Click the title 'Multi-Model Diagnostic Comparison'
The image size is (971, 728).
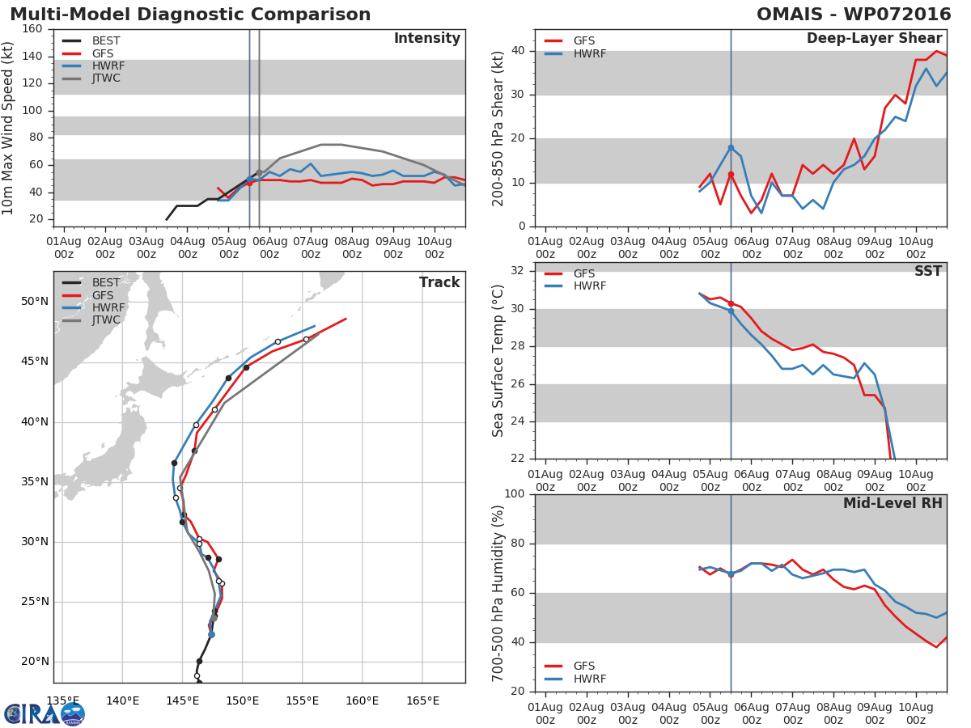pos(190,15)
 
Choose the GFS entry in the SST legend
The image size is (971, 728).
pos(583,273)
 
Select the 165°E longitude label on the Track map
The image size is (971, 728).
pos(422,700)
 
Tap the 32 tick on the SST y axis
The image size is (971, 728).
pos(519,270)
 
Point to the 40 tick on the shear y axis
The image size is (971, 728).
pos(519,51)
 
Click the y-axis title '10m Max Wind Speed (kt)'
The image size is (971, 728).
pos(10,128)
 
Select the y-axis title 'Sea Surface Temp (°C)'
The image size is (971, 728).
pos(498,361)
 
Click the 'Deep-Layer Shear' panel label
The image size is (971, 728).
pos(874,39)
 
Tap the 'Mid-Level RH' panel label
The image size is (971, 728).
pos(893,503)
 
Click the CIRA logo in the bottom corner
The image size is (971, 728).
pos(45,713)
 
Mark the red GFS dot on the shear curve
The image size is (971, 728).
pos(731,174)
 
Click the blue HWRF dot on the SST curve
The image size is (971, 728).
pos(731,311)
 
